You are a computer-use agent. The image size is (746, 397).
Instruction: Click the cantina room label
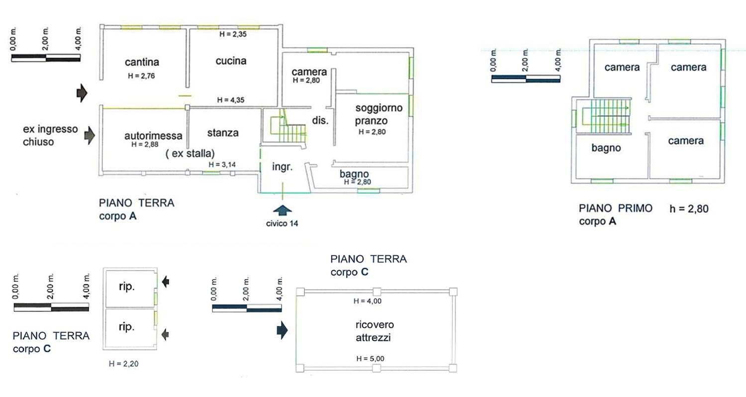[x=142, y=62]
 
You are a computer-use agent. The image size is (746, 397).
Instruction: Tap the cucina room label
[x=231, y=61]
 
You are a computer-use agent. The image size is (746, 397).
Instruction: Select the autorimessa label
[x=153, y=135]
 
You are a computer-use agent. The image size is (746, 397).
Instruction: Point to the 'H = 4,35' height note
[x=230, y=100]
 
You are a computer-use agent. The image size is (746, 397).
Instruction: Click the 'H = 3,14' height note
[x=222, y=165]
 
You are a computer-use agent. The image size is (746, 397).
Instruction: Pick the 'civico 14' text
[x=282, y=223]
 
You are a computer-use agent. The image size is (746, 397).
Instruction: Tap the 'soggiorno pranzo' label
[x=378, y=114]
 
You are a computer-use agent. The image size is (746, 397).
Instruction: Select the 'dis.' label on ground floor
[x=320, y=120]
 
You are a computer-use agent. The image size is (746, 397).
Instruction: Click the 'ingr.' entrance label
[x=282, y=167]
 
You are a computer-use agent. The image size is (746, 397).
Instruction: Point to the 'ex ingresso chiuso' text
[x=50, y=135]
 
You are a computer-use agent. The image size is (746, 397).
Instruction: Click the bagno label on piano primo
[x=606, y=148]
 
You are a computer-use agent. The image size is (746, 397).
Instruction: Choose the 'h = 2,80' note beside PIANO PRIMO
[x=689, y=209]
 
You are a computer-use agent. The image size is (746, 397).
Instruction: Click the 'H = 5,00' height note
[x=370, y=359]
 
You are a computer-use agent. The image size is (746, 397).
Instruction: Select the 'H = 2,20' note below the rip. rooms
[x=123, y=364]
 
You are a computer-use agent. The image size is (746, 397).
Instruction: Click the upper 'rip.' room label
[x=126, y=287]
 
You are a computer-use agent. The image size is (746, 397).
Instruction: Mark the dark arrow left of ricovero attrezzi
[x=282, y=330]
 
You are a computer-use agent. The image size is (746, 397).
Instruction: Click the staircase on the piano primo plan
[x=606, y=116]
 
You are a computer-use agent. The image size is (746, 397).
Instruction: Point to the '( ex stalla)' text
[x=190, y=154]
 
